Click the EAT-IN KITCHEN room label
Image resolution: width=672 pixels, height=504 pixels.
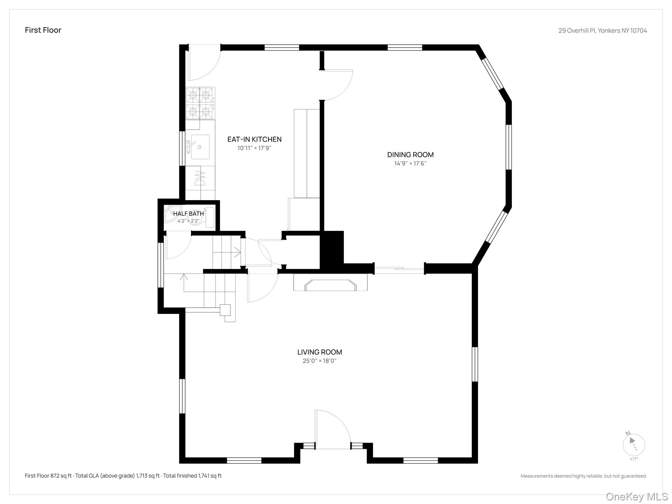tap(254, 139)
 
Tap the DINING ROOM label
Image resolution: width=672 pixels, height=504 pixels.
tap(410, 155)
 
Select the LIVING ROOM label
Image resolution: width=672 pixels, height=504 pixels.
tap(320, 352)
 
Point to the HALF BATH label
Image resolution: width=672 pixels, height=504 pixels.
tap(188, 214)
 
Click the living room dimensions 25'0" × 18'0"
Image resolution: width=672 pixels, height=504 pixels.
tap(320, 361)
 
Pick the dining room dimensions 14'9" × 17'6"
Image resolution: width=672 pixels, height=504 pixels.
tap(410, 163)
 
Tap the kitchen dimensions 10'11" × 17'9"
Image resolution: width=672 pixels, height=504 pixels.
tap(254, 148)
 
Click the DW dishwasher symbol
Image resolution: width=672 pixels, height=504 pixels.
tap(200, 178)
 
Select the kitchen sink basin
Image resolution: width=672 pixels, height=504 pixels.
tap(200, 147)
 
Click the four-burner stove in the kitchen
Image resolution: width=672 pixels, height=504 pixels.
tap(200, 103)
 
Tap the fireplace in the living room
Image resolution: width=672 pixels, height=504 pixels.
tap(330, 283)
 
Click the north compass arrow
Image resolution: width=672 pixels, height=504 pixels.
tap(632, 442)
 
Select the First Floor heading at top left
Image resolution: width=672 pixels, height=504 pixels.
tap(43, 30)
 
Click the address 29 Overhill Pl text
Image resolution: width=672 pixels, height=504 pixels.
tap(577, 31)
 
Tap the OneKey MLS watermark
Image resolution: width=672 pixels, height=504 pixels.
tap(637, 497)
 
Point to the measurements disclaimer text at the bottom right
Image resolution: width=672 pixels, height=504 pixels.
tap(584, 476)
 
